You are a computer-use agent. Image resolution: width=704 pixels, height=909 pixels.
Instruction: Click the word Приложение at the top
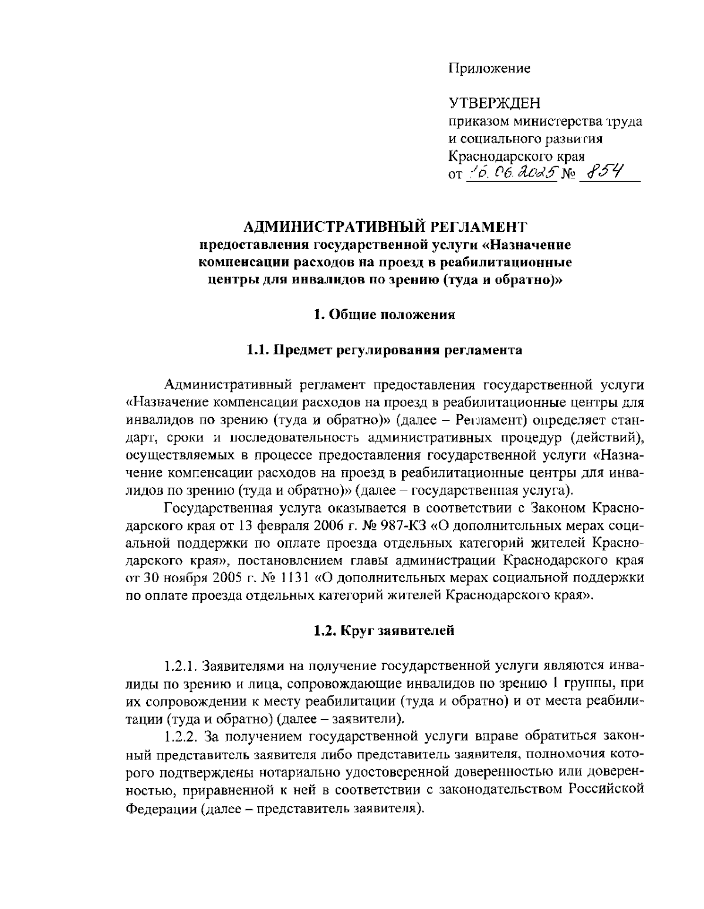pyautogui.click(x=489, y=68)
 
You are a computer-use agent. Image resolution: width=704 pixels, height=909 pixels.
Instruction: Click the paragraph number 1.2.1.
pyautogui.click(x=181, y=666)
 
